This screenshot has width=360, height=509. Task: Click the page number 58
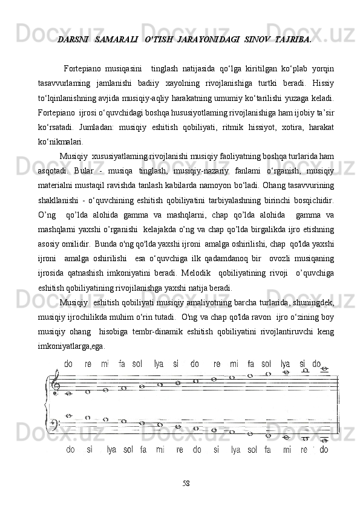pyautogui.click(x=187, y=484)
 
